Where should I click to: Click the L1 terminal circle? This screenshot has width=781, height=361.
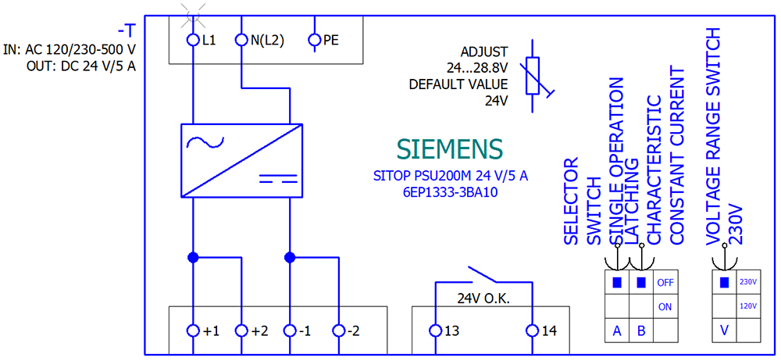pyautogui.click(x=193, y=39)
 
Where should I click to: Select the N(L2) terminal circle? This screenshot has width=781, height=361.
pyautogui.click(x=241, y=39)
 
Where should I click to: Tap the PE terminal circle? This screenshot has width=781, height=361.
pyautogui.click(x=315, y=39)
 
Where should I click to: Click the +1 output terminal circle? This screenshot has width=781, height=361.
pyautogui.click(x=193, y=331)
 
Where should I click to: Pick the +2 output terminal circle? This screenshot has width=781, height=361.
pyautogui.click(x=241, y=331)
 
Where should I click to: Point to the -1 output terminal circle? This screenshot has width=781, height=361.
pyautogui.click(x=291, y=331)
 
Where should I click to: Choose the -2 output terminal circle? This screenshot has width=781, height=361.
pyautogui.click(x=339, y=331)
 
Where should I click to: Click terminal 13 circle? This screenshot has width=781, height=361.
pyautogui.click(x=436, y=331)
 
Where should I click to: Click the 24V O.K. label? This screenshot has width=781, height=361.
pyautogui.click(x=484, y=298)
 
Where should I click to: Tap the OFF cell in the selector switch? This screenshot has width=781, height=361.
pyautogui.click(x=665, y=282)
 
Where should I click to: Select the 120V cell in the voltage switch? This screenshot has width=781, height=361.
pyautogui.click(x=747, y=306)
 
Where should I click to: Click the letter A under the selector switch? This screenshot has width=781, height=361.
pyautogui.click(x=616, y=331)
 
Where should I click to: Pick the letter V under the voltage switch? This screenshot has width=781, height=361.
pyautogui.click(x=724, y=331)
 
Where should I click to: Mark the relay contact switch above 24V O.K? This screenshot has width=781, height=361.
pyautogui.click(x=485, y=275)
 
